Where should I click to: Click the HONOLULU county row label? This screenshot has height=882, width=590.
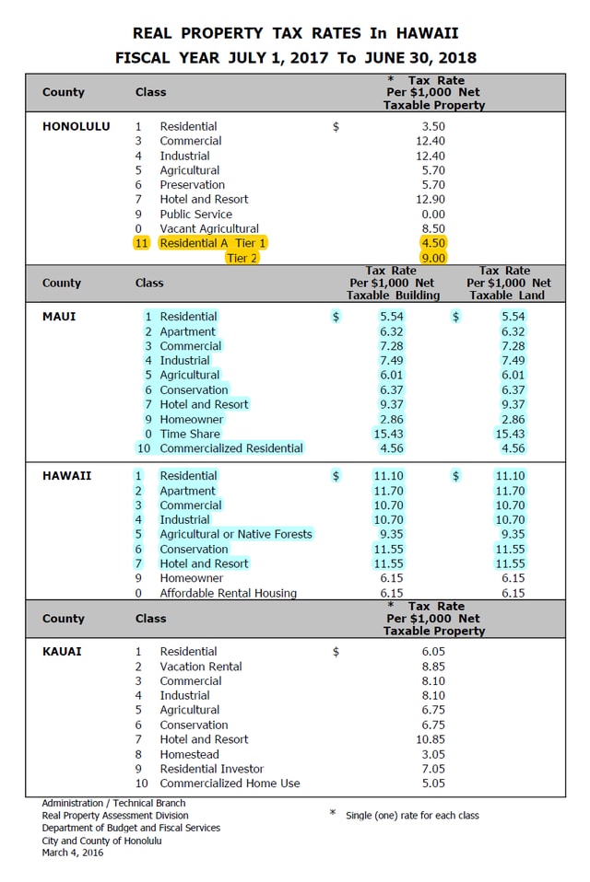pos(76,126)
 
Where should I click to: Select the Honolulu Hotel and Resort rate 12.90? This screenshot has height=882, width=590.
pos(431,199)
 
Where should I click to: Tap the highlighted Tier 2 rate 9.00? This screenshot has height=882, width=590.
pos(432,258)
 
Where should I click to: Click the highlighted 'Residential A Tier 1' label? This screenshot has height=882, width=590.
pos(212,243)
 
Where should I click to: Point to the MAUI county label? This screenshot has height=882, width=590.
pos(59,317)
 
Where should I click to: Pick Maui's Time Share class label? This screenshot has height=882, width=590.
pos(190,434)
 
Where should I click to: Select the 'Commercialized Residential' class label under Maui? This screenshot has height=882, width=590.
pos(230,448)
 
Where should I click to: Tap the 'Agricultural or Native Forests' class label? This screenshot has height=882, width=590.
pos(235,534)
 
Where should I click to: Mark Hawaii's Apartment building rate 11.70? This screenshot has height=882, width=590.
pos(388,491)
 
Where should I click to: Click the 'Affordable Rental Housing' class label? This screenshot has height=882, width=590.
pos(228,593)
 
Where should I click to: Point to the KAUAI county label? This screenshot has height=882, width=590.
pos(62,652)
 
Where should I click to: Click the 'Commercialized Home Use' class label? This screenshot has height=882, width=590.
pos(230,783)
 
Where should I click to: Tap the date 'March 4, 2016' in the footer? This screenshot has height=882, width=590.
pos(73,853)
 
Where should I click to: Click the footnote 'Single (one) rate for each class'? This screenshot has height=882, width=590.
pos(412,816)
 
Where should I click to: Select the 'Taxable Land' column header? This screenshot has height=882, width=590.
pos(507,296)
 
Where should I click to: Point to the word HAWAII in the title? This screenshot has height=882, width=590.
pos(427,33)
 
